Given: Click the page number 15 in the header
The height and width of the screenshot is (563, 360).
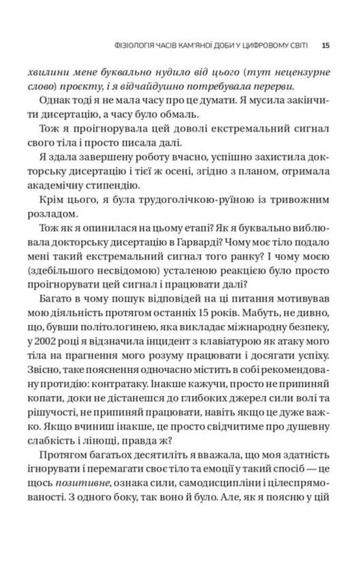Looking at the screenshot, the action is point(325,46).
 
